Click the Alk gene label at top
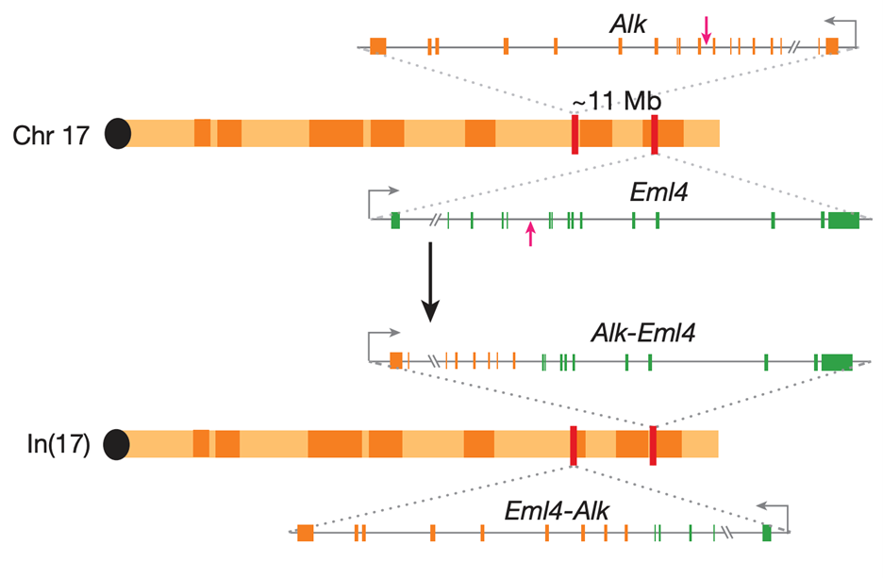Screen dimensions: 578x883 click(628, 24)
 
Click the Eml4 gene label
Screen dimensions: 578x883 click(658, 192)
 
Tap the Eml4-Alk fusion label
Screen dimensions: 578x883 click(557, 510)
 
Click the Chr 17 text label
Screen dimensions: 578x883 click(51, 135)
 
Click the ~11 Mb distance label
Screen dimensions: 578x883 click(616, 102)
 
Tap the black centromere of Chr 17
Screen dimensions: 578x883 click(117, 134)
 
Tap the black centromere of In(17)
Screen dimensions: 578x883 click(117, 444)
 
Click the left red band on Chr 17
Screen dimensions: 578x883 click(575, 134)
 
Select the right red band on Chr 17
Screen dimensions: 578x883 click(654, 134)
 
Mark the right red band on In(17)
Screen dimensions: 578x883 click(652, 444)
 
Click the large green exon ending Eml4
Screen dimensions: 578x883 click(843, 221)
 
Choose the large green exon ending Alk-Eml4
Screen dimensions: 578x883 click(837, 361)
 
